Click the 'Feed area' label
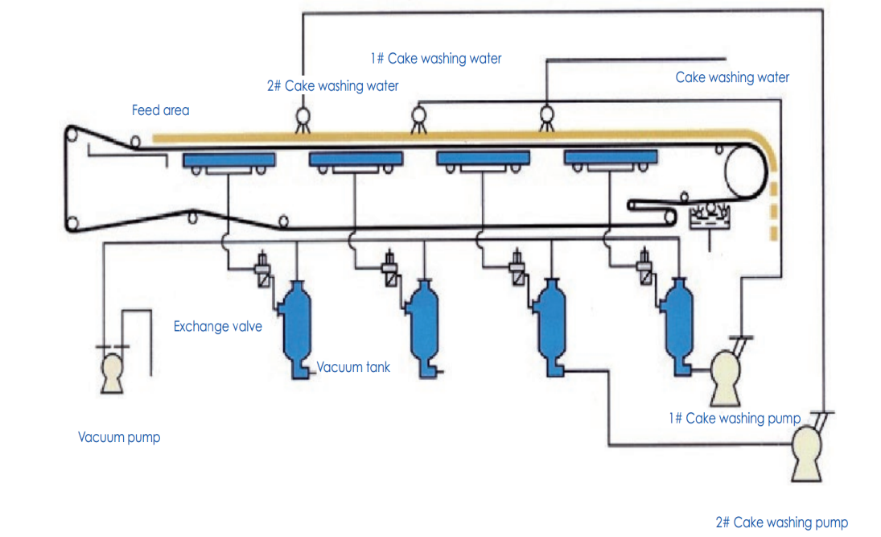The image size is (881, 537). [x=160, y=110]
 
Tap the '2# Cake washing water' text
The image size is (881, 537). [x=332, y=85]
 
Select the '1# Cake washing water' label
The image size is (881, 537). [x=435, y=59]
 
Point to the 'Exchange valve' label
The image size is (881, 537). [x=217, y=327]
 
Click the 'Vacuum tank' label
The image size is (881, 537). [x=353, y=367]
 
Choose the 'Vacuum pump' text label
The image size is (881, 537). [x=118, y=438]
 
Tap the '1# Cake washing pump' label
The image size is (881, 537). [x=734, y=419]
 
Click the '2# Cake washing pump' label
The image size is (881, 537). [x=781, y=523]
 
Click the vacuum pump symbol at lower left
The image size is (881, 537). [x=112, y=375]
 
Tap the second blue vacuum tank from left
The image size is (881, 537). [x=422, y=327]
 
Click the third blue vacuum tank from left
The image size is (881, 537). [x=552, y=326]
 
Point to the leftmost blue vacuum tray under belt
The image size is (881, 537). [x=228, y=160]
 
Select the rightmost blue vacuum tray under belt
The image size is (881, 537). [x=611, y=159]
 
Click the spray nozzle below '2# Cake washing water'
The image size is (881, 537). [x=304, y=119]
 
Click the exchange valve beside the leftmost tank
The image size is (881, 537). [x=262, y=269]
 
